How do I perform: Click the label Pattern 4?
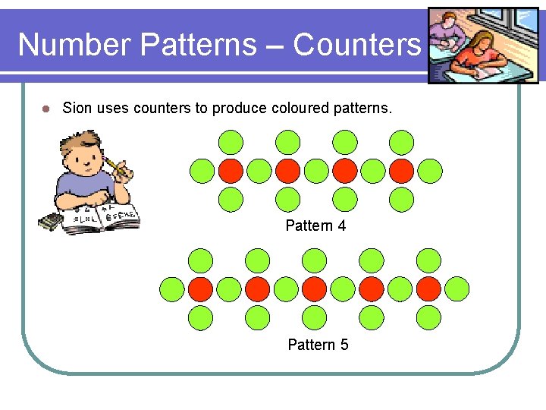tap(315, 225)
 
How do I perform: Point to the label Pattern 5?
tap(318, 345)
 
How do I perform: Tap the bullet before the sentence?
tap(45, 109)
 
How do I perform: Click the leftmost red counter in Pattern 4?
tap(231, 171)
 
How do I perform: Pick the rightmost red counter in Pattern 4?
tap(401, 171)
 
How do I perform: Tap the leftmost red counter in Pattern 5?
tap(201, 289)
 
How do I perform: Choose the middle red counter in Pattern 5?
tap(315, 289)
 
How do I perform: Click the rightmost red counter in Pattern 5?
tap(428, 289)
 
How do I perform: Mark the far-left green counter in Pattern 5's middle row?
tap(172, 289)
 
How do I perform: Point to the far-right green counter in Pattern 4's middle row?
tap(429, 171)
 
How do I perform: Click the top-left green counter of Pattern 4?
tap(231, 142)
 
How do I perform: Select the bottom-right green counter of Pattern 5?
tap(428, 317)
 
